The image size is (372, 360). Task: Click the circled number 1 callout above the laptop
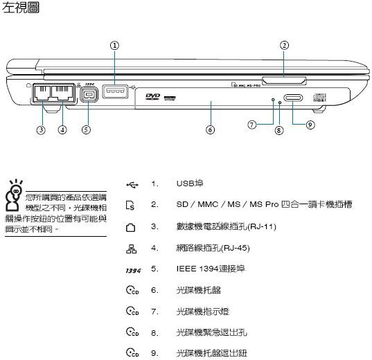[114, 45]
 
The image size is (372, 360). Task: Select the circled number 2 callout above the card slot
[284, 45]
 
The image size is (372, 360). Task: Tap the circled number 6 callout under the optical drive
[210, 129]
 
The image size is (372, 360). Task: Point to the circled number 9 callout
[310, 125]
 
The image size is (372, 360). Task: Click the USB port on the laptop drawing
[115, 91]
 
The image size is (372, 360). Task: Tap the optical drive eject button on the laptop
[293, 98]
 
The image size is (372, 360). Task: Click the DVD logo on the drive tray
[153, 96]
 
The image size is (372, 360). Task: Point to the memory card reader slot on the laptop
[284, 81]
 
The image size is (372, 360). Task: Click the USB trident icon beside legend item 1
[132, 185]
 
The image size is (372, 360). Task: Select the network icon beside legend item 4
[131, 249]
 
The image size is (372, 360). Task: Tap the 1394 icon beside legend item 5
[133, 271]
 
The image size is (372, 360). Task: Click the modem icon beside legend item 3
[130, 228]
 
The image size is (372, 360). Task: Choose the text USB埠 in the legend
[190, 183]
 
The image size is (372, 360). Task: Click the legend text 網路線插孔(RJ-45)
[213, 248]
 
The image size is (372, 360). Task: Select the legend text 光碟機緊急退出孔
[211, 332]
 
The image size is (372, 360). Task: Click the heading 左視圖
[20, 8]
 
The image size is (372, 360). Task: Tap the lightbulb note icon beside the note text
[14, 195]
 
